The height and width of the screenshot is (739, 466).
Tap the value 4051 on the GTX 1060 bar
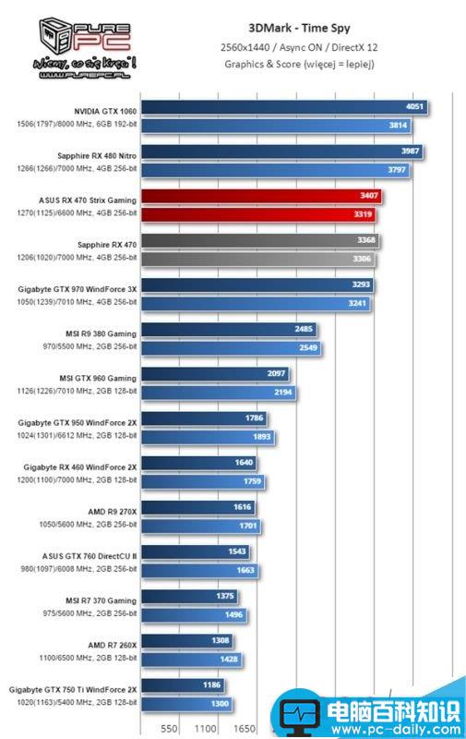point(414,107)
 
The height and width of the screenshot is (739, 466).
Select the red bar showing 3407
point(258,197)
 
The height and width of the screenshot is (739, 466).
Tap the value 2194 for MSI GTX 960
point(281,393)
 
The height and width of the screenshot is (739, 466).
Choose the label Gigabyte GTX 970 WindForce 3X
point(78,289)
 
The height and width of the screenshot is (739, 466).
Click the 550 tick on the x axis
point(170,729)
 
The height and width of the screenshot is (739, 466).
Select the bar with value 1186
point(185,686)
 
